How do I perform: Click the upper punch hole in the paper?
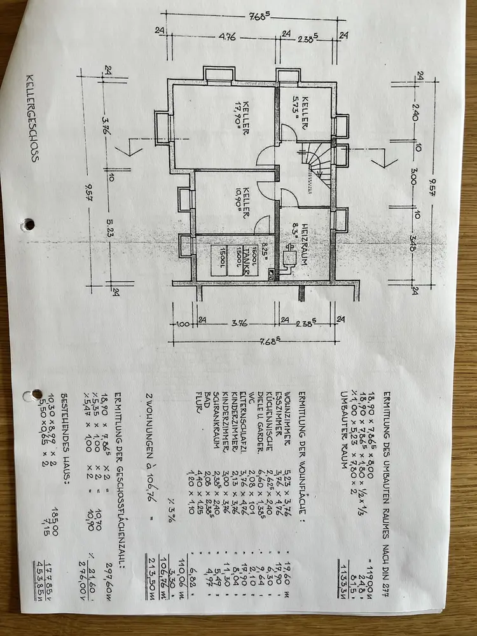click(27, 224)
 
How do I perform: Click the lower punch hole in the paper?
click(27, 394)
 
